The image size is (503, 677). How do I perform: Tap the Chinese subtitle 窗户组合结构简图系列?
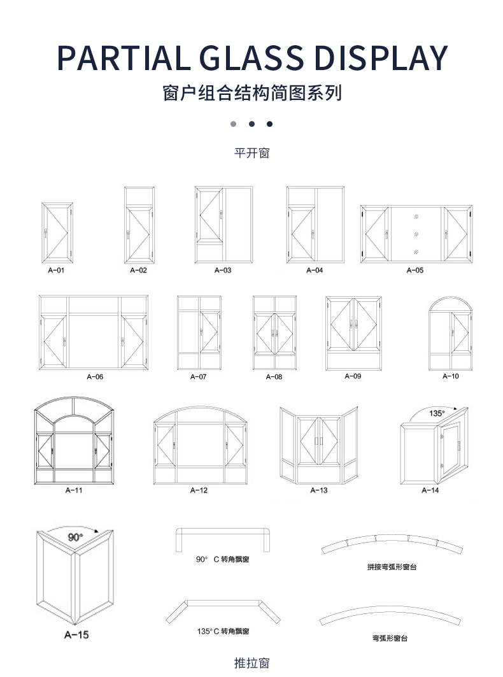click(x=252, y=93)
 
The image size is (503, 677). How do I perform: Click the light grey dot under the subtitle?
click(x=234, y=124)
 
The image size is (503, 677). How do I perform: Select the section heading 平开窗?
click(x=252, y=153)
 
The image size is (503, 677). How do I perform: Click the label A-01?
click(x=57, y=270)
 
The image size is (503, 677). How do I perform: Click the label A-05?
click(x=415, y=270)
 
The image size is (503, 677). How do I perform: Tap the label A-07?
click(x=199, y=377)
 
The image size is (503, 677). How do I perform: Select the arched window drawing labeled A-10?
click(x=450, y=334)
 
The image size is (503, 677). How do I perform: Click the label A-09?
click(x=353, y=376)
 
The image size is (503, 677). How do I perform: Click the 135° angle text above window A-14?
click(x=436, y=413)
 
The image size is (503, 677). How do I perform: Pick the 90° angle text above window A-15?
click(x=76, y=537)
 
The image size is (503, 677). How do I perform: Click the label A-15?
click(x=76, y=635)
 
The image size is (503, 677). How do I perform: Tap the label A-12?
click(x=199, y=490)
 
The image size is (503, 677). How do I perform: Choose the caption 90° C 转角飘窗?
click(x=222, y=559)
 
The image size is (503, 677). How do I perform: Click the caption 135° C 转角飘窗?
click(x=223, y=631)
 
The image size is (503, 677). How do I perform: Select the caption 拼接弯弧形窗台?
click(x=392, y=567)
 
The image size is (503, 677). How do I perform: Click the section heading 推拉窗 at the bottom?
click(x=252, y=663)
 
